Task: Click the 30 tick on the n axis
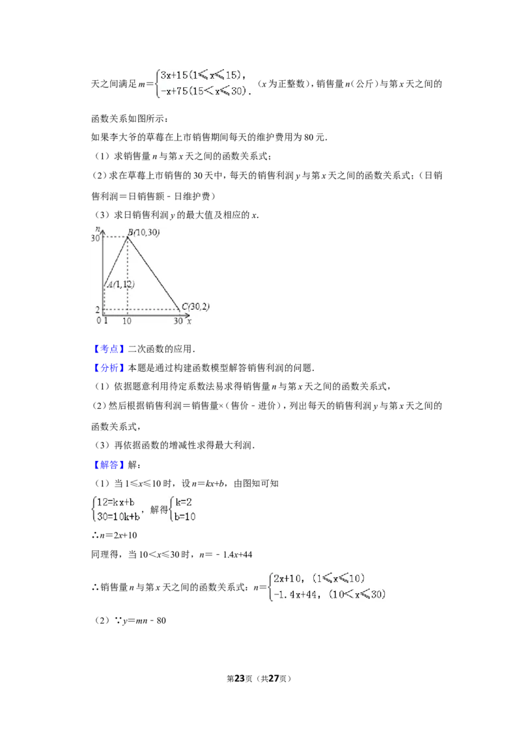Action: [x=95, y=238]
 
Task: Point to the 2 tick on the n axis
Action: [x=97, y=310]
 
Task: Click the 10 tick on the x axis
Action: [x=127, y=321]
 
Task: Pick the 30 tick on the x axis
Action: [x=178, y=321]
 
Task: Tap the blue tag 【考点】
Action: [x=109, y=349]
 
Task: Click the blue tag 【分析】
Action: [x=109, y=368]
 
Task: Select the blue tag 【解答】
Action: [x=109, y=465]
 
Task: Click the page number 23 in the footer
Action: [x=240, y=678]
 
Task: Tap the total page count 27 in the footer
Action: [x=273, y=678]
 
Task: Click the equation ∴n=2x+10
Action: [x=114, y=535]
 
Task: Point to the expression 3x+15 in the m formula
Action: [x=174, y=76]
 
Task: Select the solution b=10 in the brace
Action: [x=185, y=516]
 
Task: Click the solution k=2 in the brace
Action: [x=184, y=502]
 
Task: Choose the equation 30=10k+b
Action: [x=119, y=516]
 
